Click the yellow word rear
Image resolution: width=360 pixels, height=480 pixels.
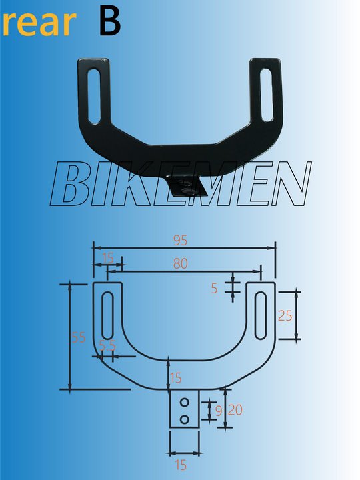[38, 24]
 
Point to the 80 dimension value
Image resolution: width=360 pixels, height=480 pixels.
[180, 263]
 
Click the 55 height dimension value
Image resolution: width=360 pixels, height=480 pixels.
[79, 337]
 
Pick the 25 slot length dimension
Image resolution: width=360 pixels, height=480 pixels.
[285, 316]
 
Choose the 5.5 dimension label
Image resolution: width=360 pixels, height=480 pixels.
[108, 345]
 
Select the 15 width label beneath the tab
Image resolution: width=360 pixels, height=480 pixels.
[181, 465]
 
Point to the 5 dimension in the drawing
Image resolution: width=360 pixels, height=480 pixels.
[214, 289]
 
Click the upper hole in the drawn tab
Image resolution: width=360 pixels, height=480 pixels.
[185, 403]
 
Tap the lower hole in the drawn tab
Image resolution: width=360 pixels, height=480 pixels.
[185, 419]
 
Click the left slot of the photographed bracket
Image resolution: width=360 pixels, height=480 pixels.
[93, 93]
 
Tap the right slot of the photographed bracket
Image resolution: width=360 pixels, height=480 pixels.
[266, 93]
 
